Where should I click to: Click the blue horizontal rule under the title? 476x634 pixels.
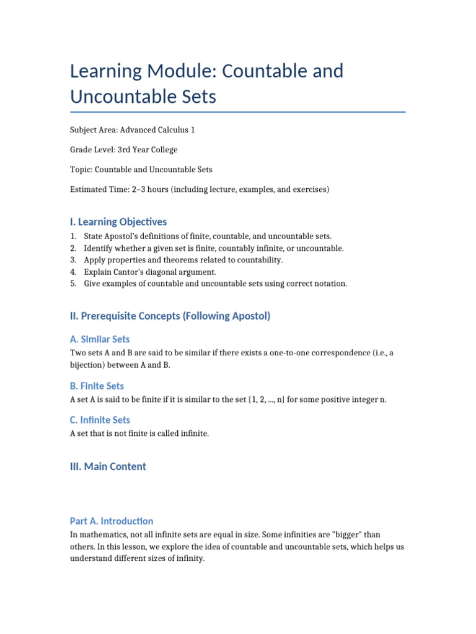[238, 112]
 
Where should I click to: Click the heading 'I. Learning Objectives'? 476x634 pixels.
[118, 222]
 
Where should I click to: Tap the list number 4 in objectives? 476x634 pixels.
[73, 272]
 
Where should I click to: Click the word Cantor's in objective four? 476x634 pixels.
[134, 272]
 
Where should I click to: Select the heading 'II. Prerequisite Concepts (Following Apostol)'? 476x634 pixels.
[170, 316]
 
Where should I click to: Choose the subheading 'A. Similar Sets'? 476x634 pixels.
[100, 339]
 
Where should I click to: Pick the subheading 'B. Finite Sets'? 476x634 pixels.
[97, 386]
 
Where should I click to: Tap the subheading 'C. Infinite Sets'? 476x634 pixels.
[100, 420]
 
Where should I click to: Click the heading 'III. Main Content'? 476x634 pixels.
[108, 466]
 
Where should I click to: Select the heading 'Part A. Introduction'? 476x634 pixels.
[112, 521]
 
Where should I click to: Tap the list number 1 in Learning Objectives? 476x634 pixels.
[73, 237]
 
